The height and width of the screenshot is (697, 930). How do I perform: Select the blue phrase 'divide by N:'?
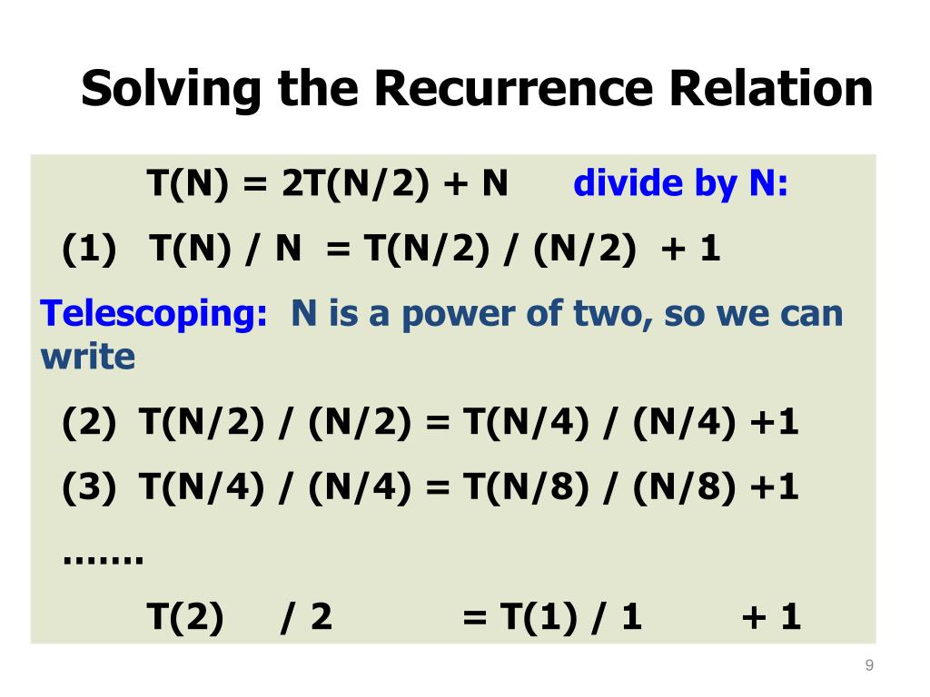pyautogui.click(x=681, y=184)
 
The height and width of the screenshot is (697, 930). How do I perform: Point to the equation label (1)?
pyautogui.click(x=89, y=249)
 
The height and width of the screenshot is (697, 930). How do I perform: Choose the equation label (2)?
pyautogui.click(x=89, y=423)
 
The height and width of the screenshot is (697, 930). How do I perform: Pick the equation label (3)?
pyautogui.click(x=89, y=488)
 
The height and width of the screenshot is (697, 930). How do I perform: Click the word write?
pyautogui.click(x=87, y=357)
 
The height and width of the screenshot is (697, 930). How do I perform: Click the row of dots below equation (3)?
pyautogui.click(x=104, y=555)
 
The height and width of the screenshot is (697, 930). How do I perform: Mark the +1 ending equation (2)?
pyautogui.click(x=775, y=423)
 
